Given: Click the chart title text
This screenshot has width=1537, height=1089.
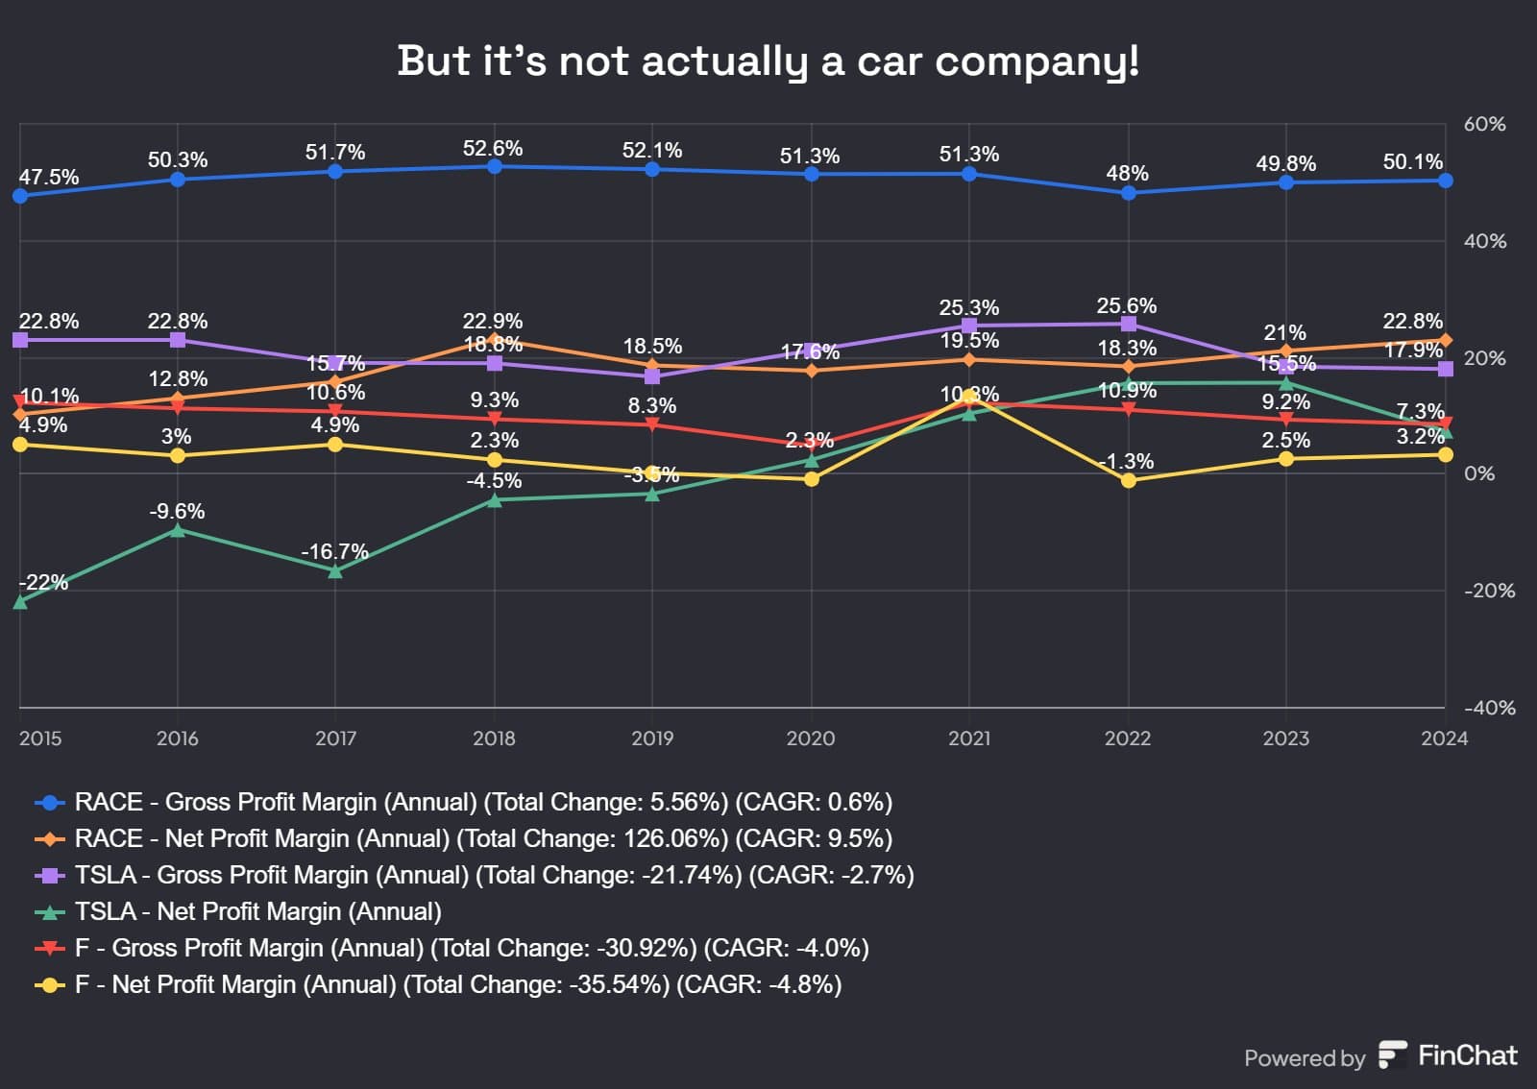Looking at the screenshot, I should click(x=768, y=60).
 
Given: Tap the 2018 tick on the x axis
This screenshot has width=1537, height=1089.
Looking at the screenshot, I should click(x=494, y=738).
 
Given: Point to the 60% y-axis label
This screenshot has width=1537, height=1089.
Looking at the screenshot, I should click(x=1484, y=124).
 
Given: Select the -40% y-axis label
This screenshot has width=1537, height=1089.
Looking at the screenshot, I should click(x=1489, y=708).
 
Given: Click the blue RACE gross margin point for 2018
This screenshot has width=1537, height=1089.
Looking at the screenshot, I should click(x=494, y=166).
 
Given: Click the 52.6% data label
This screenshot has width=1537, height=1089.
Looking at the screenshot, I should click(x=493, y=148).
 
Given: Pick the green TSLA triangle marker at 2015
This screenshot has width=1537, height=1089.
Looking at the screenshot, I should click(x=20, y=602).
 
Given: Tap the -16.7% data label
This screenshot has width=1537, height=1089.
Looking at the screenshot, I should click(x=334, y=551).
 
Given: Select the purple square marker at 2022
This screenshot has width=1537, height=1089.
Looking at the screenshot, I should click(x=1128, y=324).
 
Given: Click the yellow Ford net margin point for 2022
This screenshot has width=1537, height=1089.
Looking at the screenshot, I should click(x=1128, y=480).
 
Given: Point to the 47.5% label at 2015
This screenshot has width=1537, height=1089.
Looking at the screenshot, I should click(x=49, y=177).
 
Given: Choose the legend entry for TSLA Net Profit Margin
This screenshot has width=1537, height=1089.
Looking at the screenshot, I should click(x=257, y=911).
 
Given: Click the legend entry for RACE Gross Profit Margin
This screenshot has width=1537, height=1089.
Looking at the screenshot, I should click(x=483, y=802).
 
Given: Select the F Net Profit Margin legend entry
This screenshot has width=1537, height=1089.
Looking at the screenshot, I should click(x=457, y=984).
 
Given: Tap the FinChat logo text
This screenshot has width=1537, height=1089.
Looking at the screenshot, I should click(x=1467, y=1055).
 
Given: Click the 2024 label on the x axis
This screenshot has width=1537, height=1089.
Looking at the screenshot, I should click(x=1444, y=738).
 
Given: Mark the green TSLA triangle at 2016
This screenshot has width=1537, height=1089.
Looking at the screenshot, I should click(x=178, y=530).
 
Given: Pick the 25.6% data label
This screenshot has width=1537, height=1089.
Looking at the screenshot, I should click(x=1127, y=305).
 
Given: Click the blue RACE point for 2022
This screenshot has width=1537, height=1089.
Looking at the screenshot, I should click(x=1128, y=193).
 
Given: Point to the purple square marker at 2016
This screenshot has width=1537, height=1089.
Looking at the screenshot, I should click(x=178, y=340).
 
